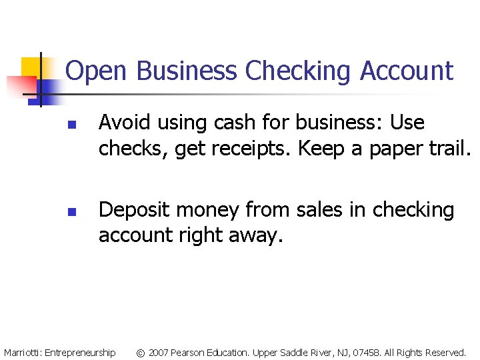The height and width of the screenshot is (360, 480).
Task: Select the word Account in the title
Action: (x=406, y=71)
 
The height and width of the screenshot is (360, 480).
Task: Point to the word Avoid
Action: (x=121, y=123)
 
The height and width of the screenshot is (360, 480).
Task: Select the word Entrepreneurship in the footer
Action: (x=80, y=352)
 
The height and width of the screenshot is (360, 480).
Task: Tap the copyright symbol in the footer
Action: (x=140, y=352)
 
